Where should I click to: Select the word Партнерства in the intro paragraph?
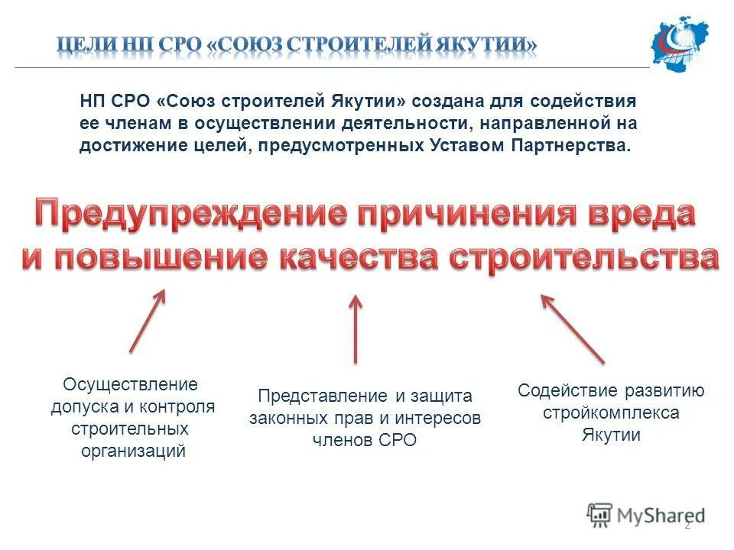click(x=580, y=146)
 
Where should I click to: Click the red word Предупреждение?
click(x=180, y=213)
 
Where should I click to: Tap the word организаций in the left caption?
click(x=134, y=451)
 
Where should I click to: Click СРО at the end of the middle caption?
click(x=398, y=440)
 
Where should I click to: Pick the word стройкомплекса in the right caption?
click(x=611, y=413)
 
